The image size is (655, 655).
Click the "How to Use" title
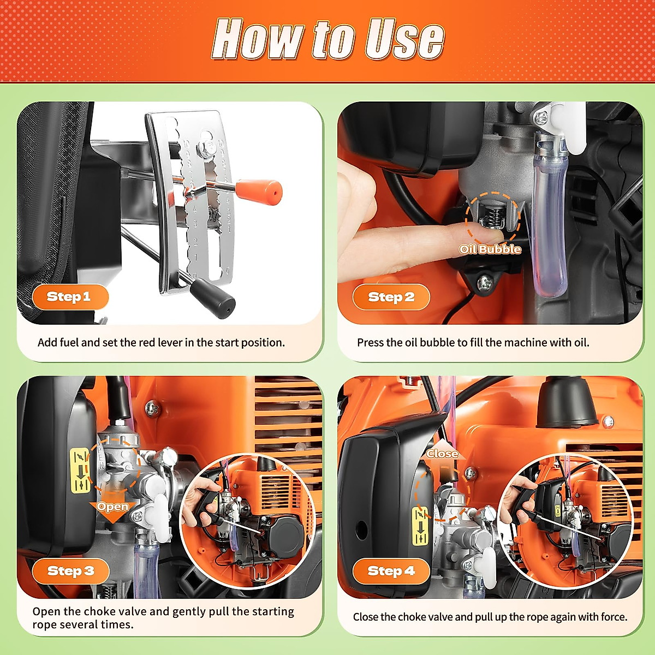(x=327, y=39)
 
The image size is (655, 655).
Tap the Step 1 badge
(x=70, y=297)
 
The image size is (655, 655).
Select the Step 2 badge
(x=391, y=297)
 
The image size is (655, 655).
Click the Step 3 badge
(x=71, y=571)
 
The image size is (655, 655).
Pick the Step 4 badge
(x=391, y=571)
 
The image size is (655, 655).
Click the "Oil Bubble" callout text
(x=490, y=249)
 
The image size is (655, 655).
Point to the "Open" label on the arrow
(x=112, y=507)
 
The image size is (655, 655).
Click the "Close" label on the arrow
(x=442, y=454)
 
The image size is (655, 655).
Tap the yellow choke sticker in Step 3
(x=81, y=471)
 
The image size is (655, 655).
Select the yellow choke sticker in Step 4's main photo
(x=420, y=527)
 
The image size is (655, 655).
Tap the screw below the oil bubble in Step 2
(x=485, y=282)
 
